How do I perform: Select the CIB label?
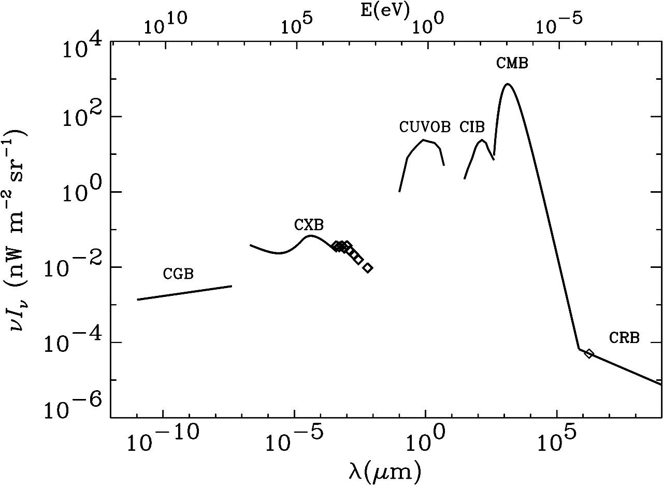pos(472,127)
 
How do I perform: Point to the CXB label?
pos(309,225)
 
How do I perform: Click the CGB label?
pos(178,274)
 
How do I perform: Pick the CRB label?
pos(624,338)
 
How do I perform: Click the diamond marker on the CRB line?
pos(589,354)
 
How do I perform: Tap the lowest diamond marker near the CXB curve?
pos(368,268)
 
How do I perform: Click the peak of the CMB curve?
pos(508,84)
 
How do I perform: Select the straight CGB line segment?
pos(184,293)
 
